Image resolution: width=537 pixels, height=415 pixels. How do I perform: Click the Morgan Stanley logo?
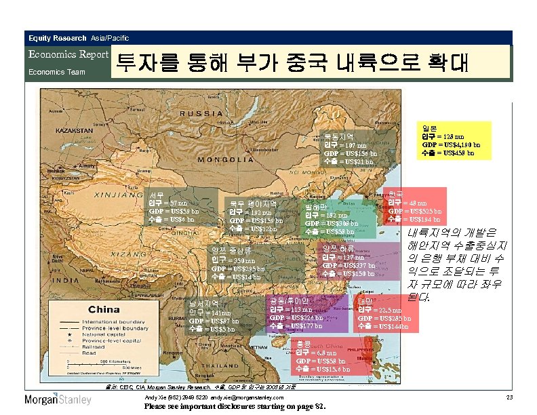tap(58, 399)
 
